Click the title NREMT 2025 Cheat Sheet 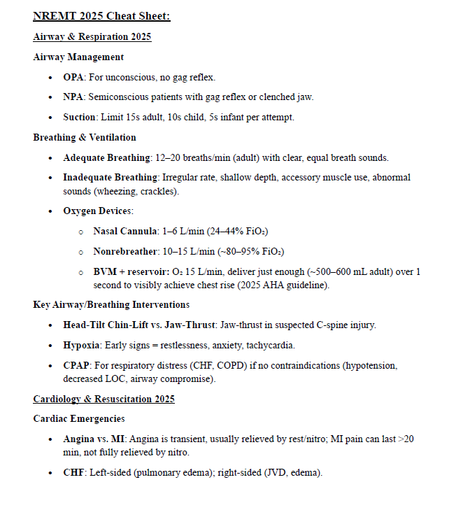pos(101,15)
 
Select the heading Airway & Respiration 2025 pos(92,36)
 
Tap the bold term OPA pos(73,77)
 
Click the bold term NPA pos(73,97)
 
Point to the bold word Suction pos(79,117)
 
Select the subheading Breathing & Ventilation pos(84,137)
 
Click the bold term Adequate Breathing pos(106,157)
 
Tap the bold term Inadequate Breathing pos(110,177)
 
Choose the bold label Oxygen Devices pos(97,211)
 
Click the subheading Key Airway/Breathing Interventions pos(111,304)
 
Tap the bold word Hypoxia pos(79,345)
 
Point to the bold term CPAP pos(76,365)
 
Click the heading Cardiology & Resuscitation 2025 pos(104,399)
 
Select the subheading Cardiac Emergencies pos(79,418)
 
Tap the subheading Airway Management pos(78,57)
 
